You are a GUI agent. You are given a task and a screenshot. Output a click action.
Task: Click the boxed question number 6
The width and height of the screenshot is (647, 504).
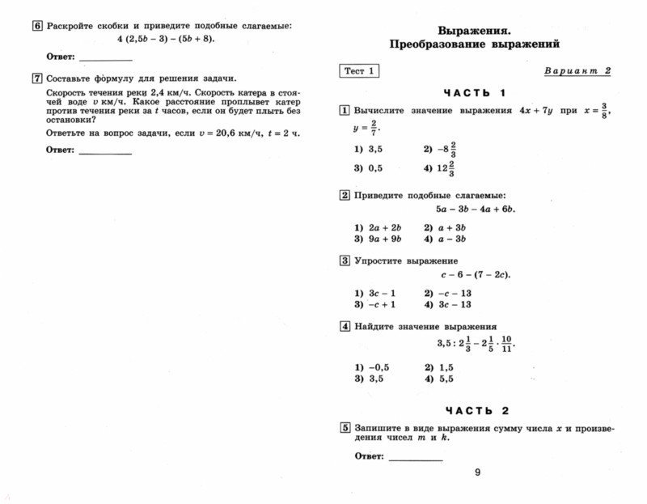click(36, 26)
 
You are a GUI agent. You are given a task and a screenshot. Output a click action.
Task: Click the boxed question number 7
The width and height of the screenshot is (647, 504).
click(36, 78)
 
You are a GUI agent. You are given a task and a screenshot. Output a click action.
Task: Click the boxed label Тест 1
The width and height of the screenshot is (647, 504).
click(359, 71)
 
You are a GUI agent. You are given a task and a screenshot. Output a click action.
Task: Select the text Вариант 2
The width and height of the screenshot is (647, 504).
click(577, 71)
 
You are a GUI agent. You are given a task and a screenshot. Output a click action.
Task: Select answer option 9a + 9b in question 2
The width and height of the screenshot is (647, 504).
click(374, 239)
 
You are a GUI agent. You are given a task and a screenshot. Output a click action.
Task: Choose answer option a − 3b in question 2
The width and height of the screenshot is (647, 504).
click(444, 239)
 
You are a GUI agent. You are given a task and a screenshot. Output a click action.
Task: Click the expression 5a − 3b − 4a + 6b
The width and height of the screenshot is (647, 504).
click(476, 210)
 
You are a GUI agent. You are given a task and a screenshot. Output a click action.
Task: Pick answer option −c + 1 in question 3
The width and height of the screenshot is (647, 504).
click(374, 304)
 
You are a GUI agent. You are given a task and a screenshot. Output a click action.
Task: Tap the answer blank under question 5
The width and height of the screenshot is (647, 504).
click(416, 458)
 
